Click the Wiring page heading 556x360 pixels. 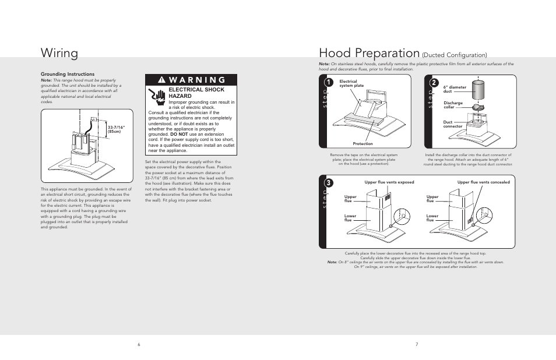point(59,54)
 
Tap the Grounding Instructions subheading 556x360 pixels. point(67,74)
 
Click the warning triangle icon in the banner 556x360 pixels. point(161,80)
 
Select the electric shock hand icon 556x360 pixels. point(156,96)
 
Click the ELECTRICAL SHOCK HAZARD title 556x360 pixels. point(188,92)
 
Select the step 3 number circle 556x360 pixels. point(329,183)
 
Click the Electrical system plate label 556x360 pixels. point(351,83)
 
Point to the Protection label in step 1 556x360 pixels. point(363,143)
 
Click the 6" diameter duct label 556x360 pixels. point(455,89)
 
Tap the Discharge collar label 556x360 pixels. point(453,105)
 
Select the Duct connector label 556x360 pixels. point(453,124)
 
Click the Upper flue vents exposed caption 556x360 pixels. point(389,182)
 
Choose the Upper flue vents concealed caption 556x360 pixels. point(483,182)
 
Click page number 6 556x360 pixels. point(139,344)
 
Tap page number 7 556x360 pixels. point(417,344)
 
